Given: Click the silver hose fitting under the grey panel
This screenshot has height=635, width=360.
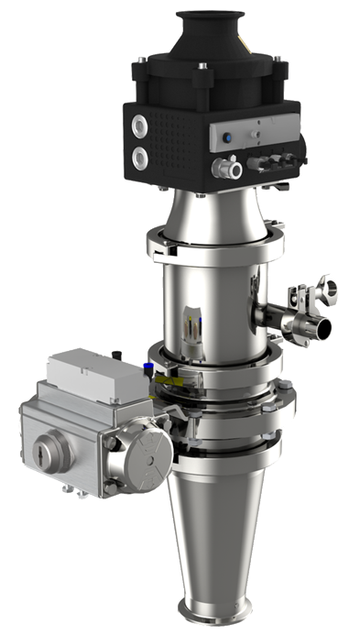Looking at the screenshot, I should [227, 168].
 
